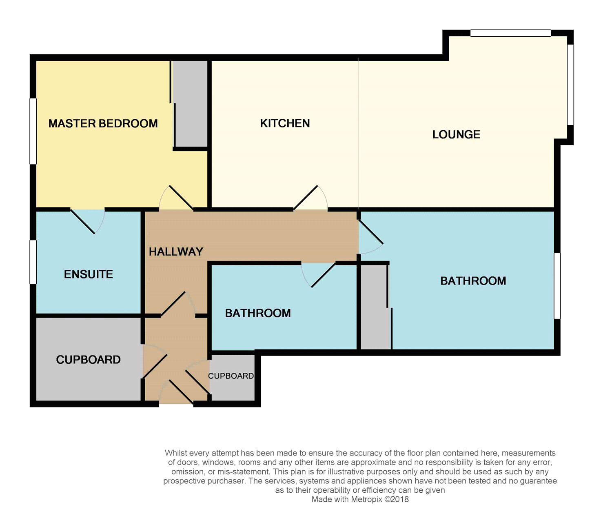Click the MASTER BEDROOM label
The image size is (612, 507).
pyautogui.click(x=103, y=123)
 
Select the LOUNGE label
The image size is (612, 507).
pyautogui.click(x=457, y=135)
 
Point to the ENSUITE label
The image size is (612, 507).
pyautogui.click(x=89, y=274)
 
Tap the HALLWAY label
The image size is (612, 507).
pyautogui.click(x=176, y=251)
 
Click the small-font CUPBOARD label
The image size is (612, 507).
pyautogui.click(x=231, y=376)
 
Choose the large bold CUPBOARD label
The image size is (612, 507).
pyautogui.click(x=88, y=360)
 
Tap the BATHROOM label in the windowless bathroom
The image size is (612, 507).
pyautogui.click(x=258, y=313)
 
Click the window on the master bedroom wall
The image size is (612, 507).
pyautogui.click(x=33, y=131)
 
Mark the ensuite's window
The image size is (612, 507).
pyautogui.click(x=33, y=262)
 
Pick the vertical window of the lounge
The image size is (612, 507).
pyautogui.click(x=570, y=84)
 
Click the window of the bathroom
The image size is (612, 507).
pyautogui.click(x=557, y=286)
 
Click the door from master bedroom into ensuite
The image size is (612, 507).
pyautogui.click(x=87, y=221)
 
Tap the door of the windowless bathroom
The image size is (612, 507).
pyautogui.click(x=318, y=275)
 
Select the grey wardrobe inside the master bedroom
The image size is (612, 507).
pyautogui.click(x=190, y=104)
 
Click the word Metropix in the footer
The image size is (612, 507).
pyautogui.click(x=368, y=499)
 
